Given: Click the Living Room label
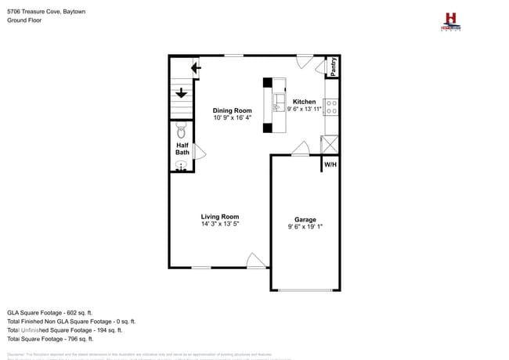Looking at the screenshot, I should (220, 217).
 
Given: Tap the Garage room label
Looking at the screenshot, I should (305, 220).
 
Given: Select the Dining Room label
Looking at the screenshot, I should (233, 110).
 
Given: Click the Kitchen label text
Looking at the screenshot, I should (305, 102).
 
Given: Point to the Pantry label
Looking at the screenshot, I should (333, 67).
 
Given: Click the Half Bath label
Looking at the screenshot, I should (182, 149).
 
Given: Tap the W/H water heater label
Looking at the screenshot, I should (330, 164).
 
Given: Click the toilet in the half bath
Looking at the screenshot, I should (181, 129).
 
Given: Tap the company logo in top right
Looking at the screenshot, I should (449, 21).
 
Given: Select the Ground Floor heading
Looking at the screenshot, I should (25, 21).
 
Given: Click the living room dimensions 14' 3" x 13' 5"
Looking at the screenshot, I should (220, 225).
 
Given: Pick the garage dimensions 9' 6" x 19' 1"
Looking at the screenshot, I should (305, 228).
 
